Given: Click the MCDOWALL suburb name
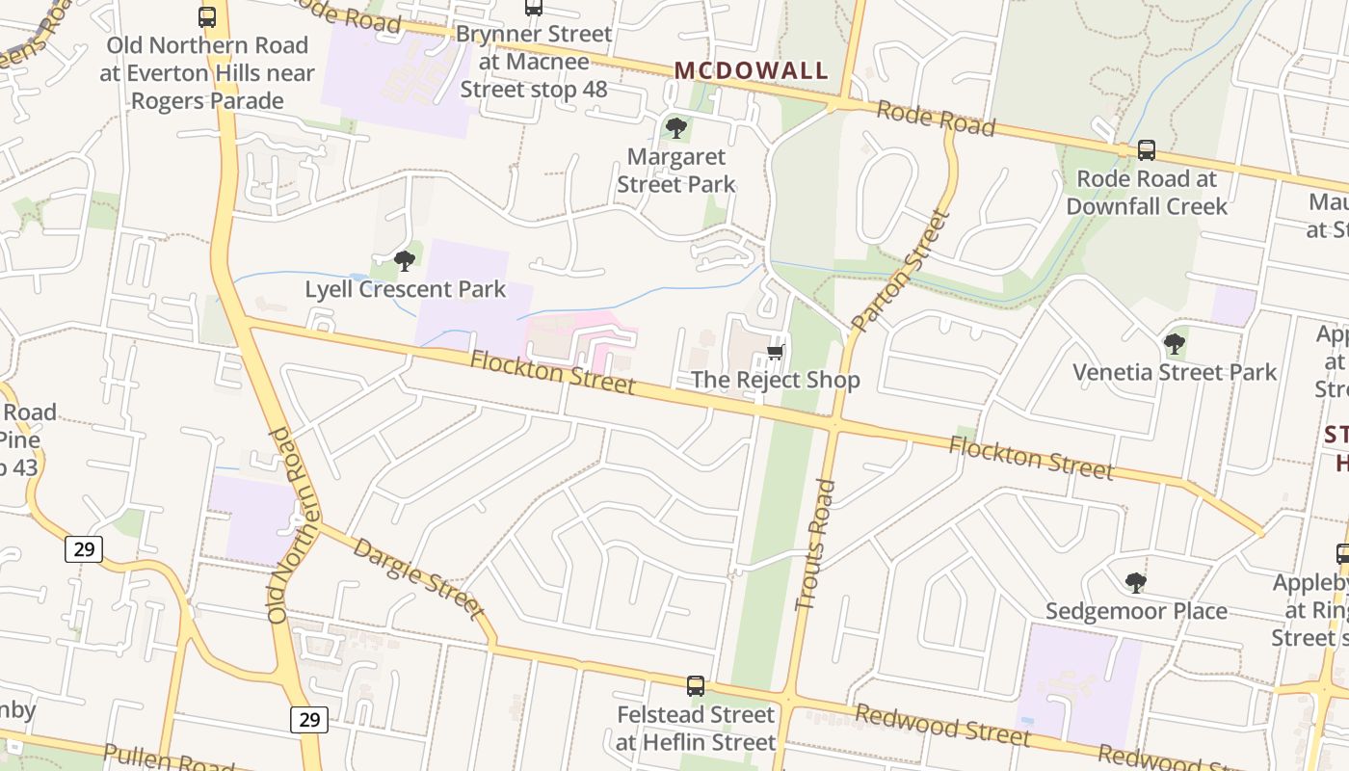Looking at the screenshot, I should [x=751, y=70].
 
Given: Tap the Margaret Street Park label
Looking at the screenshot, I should [x=675, y=171].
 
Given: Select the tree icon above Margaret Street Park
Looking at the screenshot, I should [x=676, y=127].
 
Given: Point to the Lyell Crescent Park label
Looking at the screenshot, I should [x=405, y=289].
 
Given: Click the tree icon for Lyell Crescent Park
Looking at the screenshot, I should [x=405, y=260].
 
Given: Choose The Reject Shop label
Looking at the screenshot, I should [x=775, y=380].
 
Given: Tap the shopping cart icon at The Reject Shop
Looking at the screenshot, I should [x=776, y=352].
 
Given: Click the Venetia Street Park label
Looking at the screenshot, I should [x=1175, y=372].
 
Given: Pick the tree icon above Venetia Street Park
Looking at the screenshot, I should [x=1174, y=343].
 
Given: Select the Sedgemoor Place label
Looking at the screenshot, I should [x=1136, y=611].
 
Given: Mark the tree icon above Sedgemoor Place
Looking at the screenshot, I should [x=1136, y=582].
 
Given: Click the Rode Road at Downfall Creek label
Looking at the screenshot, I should [x=1147, y=193].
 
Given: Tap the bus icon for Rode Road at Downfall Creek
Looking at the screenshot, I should [x=1147, y=150].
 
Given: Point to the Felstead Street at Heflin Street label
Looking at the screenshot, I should [x=696, y=729].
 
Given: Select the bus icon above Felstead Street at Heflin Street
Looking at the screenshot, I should [x=696, y=686].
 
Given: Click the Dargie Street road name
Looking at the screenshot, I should [x=417, y=577].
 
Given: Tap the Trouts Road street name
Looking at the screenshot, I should [x=815, y=545].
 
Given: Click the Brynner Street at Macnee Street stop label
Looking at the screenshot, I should [x=534, y=62].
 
